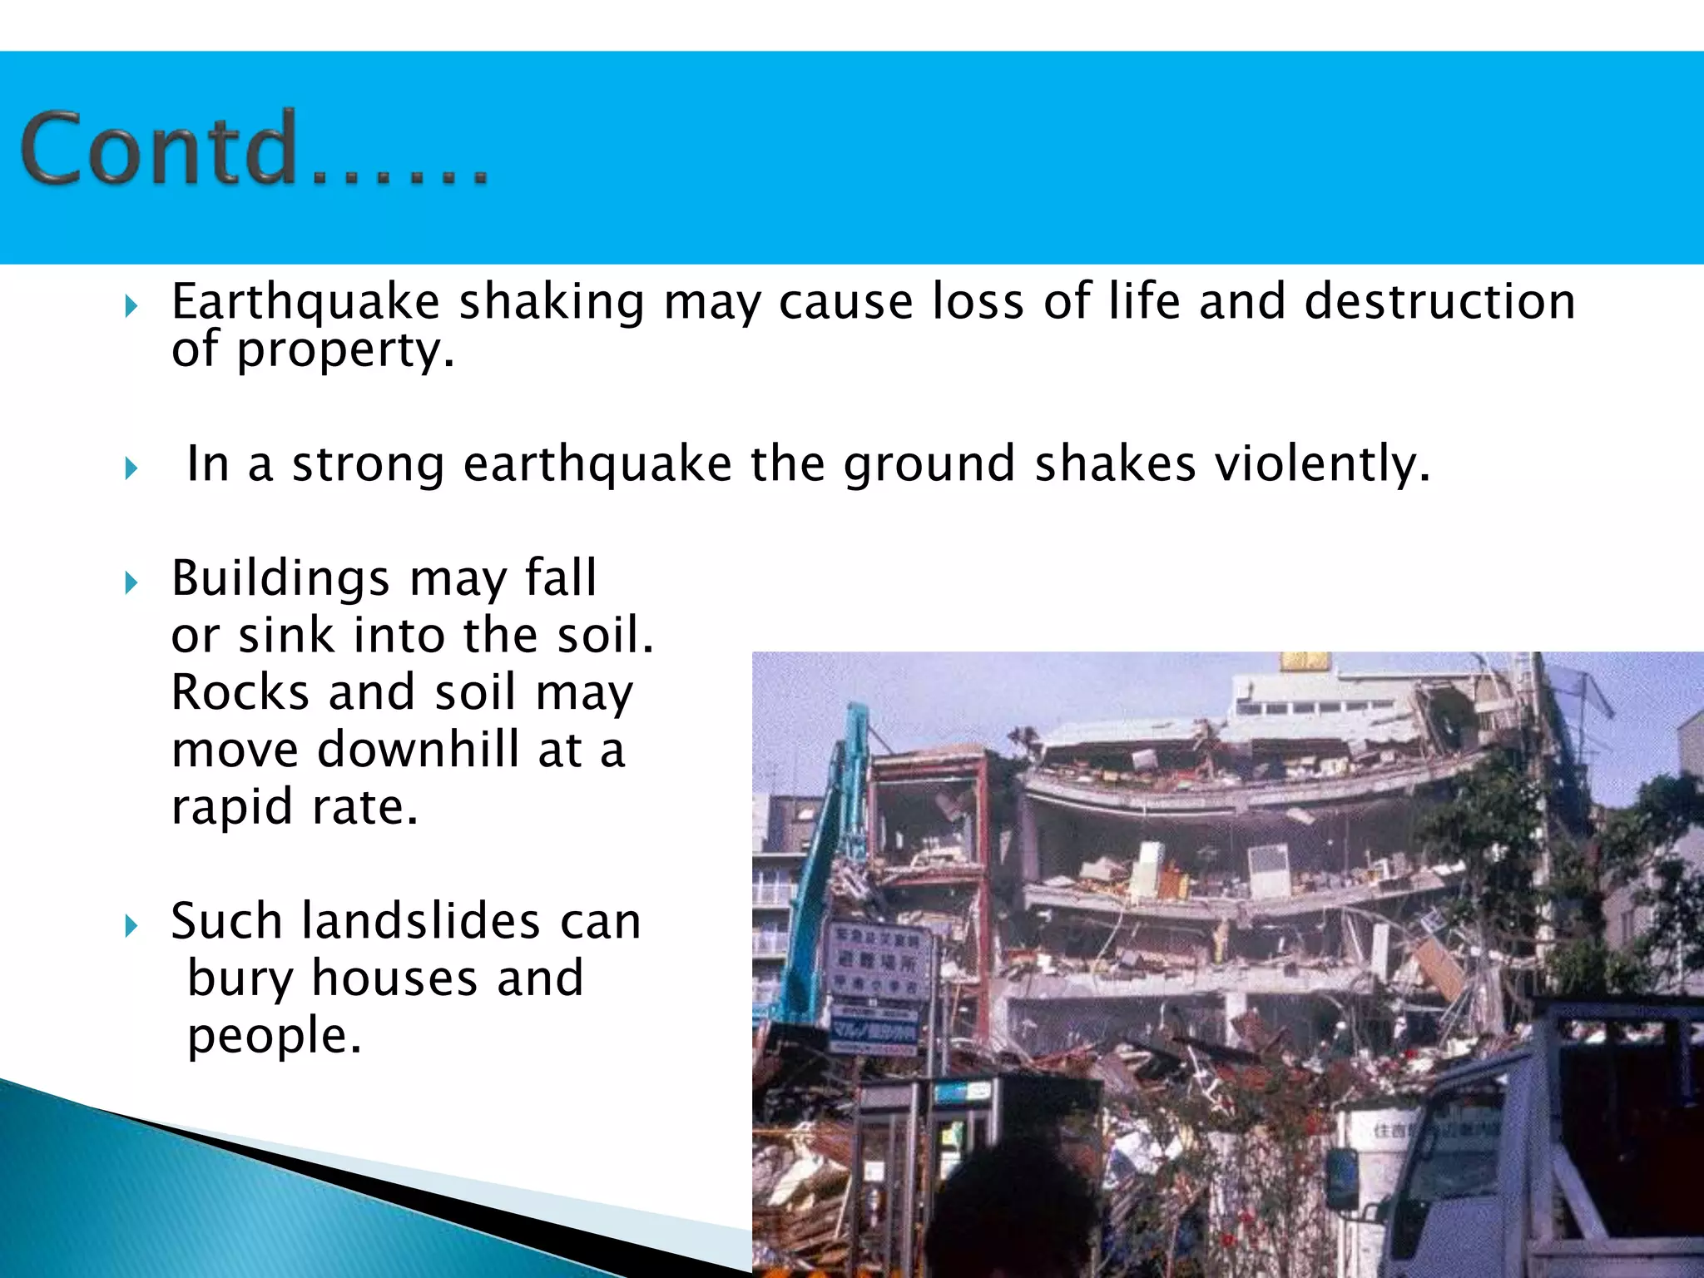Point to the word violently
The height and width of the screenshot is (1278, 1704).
click(x=1322, y=463)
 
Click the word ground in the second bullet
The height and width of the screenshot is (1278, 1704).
click(x=929, y=465)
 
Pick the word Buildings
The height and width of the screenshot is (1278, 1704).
click(x=280, y=578)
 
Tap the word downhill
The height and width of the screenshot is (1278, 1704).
click(x=419, y=750)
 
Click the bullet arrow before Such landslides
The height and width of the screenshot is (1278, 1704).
click(x=131, y=925)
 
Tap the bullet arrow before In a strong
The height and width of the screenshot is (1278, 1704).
click(x=131, y=468)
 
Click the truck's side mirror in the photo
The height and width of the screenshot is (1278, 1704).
click(x=1341, y=1177)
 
